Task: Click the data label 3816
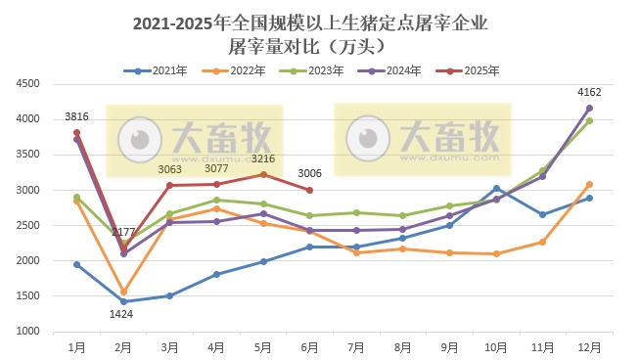tap(77, 117)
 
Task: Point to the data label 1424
tap(121, 314)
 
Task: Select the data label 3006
tap(310, 174)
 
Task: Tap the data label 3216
tap(263, 158)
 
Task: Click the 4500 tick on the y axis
tap(26, 84)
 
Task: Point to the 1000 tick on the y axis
tap(26, 332)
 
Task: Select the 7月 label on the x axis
tap(356, 346)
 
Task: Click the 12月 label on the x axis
tap(589, 346)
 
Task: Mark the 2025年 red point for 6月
tap(310, 190)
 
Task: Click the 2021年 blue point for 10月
tap(496, 189)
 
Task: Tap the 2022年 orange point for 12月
tap(589, 184)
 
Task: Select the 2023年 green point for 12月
tap(589, 120)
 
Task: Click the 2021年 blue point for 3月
tap(169, 295)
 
